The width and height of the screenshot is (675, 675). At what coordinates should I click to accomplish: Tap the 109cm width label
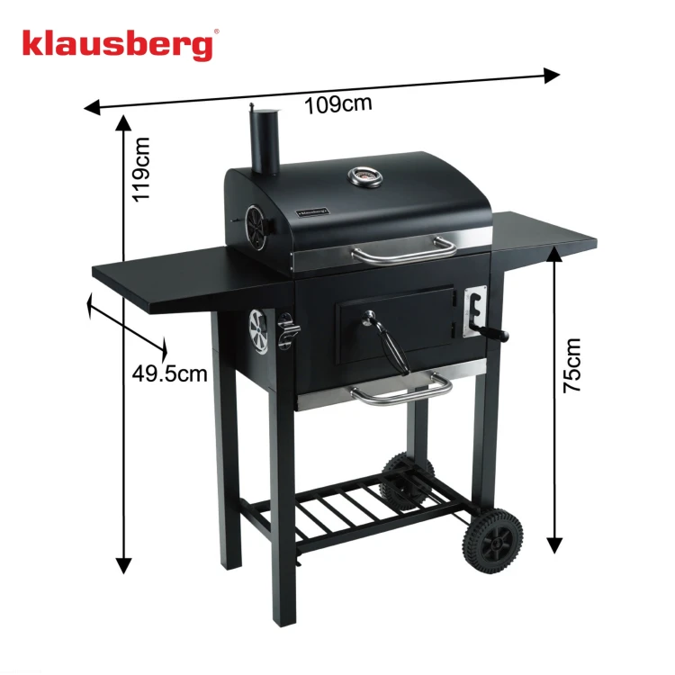pyautogui.click(x=337, y=105)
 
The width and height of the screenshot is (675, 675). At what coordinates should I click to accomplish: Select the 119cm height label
pyautogui.click(x=141, y=169)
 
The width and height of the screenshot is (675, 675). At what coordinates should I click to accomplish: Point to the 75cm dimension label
pyautogui.click(x=572, y=365)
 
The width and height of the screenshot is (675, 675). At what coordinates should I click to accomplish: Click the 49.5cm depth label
pyautogui.click(x=169, y=373)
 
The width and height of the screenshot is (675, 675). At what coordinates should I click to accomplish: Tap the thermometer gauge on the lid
pyautogui.click(x=365, y=176)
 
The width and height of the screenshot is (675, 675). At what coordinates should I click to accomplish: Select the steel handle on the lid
pyautogui.click(x=404, y=251)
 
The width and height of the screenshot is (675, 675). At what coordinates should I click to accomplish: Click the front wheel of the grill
pyautogui.click(x=493, y=540)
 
